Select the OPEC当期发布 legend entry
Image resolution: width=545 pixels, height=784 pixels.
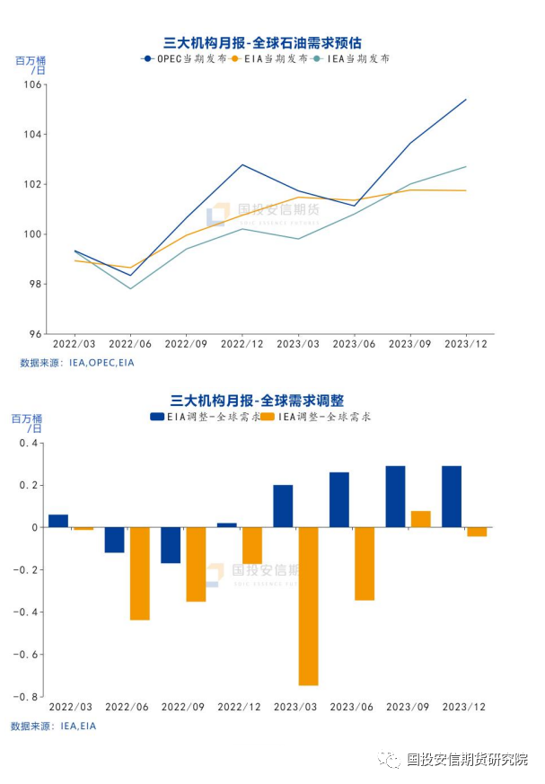click(x=184, y=58)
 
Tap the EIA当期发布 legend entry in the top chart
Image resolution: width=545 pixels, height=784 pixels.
click(x=268, y=58)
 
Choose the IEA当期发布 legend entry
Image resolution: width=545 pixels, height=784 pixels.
click(x=354, y=58)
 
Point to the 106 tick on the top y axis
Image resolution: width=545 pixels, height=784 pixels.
click(x=33, y=84)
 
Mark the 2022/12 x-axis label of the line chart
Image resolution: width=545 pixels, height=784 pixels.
click(x=242, y=344)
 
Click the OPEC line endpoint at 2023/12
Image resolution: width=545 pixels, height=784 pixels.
click(x=466, y=99)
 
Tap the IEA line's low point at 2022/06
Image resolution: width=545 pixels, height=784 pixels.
click(x=130, y=288)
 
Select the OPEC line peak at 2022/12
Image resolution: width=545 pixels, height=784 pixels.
click(x=242, y=164)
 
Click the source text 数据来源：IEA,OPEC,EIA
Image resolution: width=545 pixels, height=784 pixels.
click(x=77, y=363)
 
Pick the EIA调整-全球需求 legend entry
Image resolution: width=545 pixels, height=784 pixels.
click(x=206, y=417)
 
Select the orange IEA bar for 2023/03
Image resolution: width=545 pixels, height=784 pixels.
click(x=308, y=606)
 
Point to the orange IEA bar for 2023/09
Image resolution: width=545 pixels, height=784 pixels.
click(x=420, y=519)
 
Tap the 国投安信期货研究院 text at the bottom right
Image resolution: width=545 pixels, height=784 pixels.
click(x=467, y=760)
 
